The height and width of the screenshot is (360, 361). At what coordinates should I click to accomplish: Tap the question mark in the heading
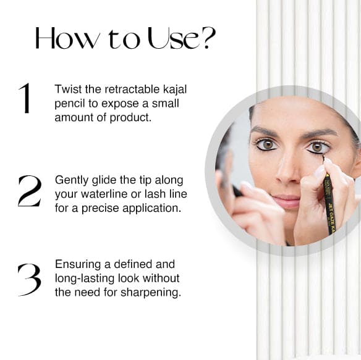210,38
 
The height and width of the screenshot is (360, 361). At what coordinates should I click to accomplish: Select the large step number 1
25,98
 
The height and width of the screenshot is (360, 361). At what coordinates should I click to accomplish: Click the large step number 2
30,191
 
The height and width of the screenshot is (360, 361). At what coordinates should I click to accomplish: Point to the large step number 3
30,280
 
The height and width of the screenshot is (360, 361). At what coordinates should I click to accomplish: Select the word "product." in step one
130,118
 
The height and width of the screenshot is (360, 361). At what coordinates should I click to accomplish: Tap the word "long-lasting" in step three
85,278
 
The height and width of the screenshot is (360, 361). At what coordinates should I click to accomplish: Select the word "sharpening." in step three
151,293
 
